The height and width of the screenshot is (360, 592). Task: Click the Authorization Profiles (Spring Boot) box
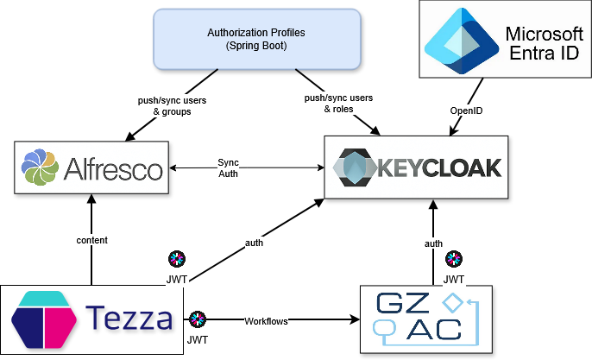256,39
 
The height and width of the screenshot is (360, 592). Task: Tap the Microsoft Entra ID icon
459,41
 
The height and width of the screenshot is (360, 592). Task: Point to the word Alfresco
113,167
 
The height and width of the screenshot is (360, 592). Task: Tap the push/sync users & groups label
172,105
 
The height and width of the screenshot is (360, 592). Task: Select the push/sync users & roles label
338,104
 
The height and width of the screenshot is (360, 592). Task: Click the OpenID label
465,111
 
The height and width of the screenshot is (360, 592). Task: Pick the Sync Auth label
228,167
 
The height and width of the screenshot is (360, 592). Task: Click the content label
91,240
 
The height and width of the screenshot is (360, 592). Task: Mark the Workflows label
266,321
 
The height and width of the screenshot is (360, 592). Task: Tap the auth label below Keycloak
433,243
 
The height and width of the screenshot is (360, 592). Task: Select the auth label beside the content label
254,243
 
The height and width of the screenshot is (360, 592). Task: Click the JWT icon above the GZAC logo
454,259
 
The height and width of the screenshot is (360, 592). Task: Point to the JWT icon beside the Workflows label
198,319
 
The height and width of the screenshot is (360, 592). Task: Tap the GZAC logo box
425,319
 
